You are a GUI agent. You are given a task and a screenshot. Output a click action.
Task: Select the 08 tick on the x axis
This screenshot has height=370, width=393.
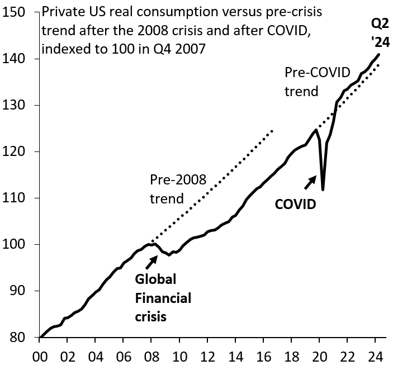tap(151, 356)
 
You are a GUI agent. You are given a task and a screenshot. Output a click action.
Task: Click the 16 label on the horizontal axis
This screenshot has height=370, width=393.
tap(263, 356)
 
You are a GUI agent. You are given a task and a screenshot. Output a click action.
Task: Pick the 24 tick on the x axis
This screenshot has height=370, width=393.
tap(375, 356)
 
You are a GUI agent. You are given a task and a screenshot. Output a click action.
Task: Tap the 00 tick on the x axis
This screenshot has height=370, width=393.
tap(40, 356)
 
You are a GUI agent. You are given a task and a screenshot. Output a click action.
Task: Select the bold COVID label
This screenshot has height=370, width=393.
tap(295, 205)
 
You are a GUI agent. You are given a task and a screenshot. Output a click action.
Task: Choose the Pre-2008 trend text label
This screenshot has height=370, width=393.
tap(178, 189)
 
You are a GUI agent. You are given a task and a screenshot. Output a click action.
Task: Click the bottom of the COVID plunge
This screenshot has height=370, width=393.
tap(323, 190)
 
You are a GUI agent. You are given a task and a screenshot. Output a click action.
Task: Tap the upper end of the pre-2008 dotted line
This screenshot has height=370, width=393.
tap(273, 130)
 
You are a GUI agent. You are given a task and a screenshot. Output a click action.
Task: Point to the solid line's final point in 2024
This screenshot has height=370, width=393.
tap(380, 54)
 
